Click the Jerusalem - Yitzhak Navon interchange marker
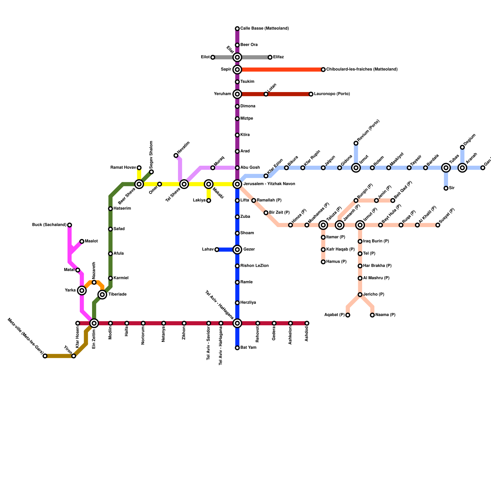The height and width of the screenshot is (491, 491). click(237, 184)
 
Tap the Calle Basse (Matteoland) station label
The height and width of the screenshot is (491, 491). click(264, 29)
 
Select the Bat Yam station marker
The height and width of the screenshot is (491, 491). click(237, 348)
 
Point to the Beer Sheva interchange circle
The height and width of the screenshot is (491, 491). click(139, 184)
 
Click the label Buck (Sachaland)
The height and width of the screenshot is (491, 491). click(49, 225)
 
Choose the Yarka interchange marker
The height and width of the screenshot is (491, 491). click(82, 290)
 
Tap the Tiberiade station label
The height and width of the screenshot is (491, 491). click(117, 295)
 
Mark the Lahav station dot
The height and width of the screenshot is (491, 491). click(217, 249)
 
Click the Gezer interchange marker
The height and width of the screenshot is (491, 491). click(237, 249)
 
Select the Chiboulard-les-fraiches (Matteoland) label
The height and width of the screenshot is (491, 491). click(362, 69)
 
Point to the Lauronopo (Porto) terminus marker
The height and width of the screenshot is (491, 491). click(311, 94)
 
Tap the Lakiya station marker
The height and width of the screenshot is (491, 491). click(209, 201)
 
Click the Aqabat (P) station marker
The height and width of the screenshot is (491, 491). click(348, 315)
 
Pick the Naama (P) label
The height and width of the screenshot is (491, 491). click(385, 315)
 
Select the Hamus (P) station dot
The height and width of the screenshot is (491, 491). click(323, 262)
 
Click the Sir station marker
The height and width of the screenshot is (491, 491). click(446, 188)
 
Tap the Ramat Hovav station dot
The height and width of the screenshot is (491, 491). click(139, 168)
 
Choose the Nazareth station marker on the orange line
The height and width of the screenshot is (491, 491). click(94, 282)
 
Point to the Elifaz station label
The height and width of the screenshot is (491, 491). click(278, 57)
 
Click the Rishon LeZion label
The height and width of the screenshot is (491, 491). click(254, 266)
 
